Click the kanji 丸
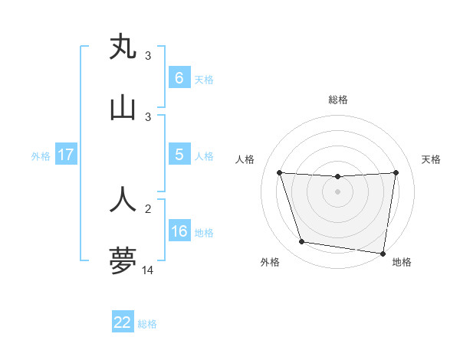123,47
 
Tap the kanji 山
123,108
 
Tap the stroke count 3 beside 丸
148,56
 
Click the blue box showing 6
179,77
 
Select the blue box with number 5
179,154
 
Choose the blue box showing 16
179,231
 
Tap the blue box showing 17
66,154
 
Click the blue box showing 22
123,322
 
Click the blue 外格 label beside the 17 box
41,155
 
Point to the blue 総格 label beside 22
147,324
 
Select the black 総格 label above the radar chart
338,100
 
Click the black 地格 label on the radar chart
402,262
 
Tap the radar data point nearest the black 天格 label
396,172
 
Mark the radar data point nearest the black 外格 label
302,242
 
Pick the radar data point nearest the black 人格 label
279,172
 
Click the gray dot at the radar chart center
338,191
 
